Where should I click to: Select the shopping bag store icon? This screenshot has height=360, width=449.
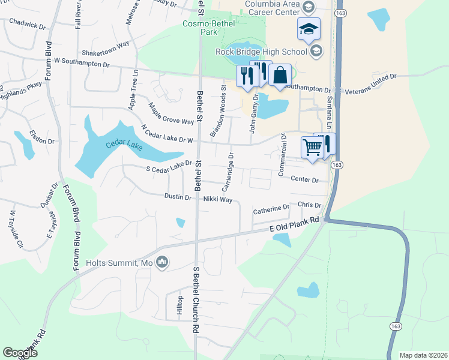[280, 76]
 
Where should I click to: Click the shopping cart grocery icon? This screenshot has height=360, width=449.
[312, 147]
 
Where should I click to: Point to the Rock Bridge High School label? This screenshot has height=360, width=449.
[262, 52]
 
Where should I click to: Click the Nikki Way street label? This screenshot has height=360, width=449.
[217, 199]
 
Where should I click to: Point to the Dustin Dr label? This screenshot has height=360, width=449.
[178, 197]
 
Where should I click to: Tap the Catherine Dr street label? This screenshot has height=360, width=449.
[271, 209]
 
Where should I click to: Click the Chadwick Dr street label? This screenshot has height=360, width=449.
[28, 25]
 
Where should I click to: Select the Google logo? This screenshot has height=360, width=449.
[20, 353]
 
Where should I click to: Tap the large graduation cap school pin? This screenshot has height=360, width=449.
[309, 29]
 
